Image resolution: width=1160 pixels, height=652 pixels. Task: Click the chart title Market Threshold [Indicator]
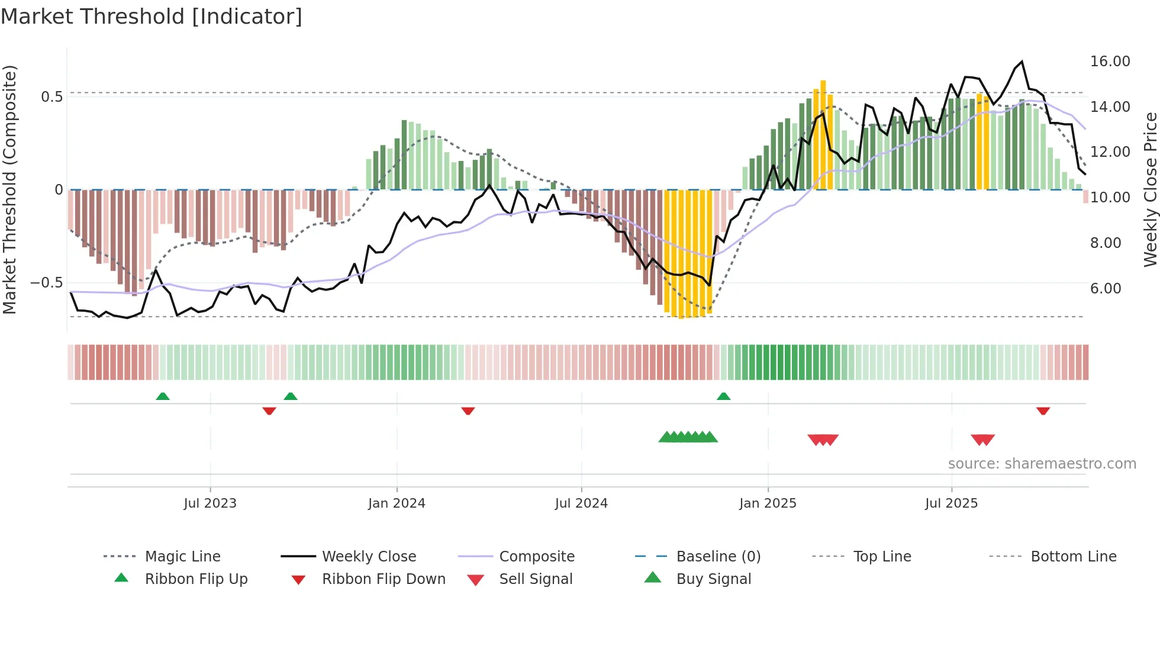[x=152, y=17]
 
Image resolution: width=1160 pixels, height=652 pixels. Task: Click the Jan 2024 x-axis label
[x=397, y=503]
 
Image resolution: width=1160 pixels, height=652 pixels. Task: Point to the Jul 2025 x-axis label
[x=951, y=503]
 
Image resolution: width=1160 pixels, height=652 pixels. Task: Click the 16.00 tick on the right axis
[x=1110, y=62]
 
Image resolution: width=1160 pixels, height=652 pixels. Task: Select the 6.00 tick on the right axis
[x=1105, y=289]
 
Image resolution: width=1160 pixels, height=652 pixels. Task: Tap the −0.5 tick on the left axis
[x=47, y=283]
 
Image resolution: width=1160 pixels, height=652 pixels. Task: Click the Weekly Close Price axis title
[x=1150, y=189]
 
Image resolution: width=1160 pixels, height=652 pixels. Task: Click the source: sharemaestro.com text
[x=1042, y=464]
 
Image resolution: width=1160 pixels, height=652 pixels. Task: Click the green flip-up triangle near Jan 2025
[x=723, y=396]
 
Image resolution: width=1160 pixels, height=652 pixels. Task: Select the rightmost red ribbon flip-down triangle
[x=1043, y=411]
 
